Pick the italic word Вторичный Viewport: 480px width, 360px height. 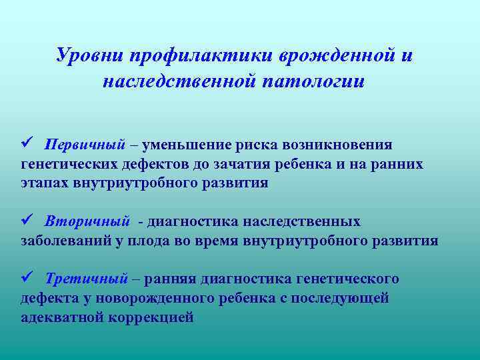(87, 221)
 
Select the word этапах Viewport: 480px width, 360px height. (46, 183)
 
